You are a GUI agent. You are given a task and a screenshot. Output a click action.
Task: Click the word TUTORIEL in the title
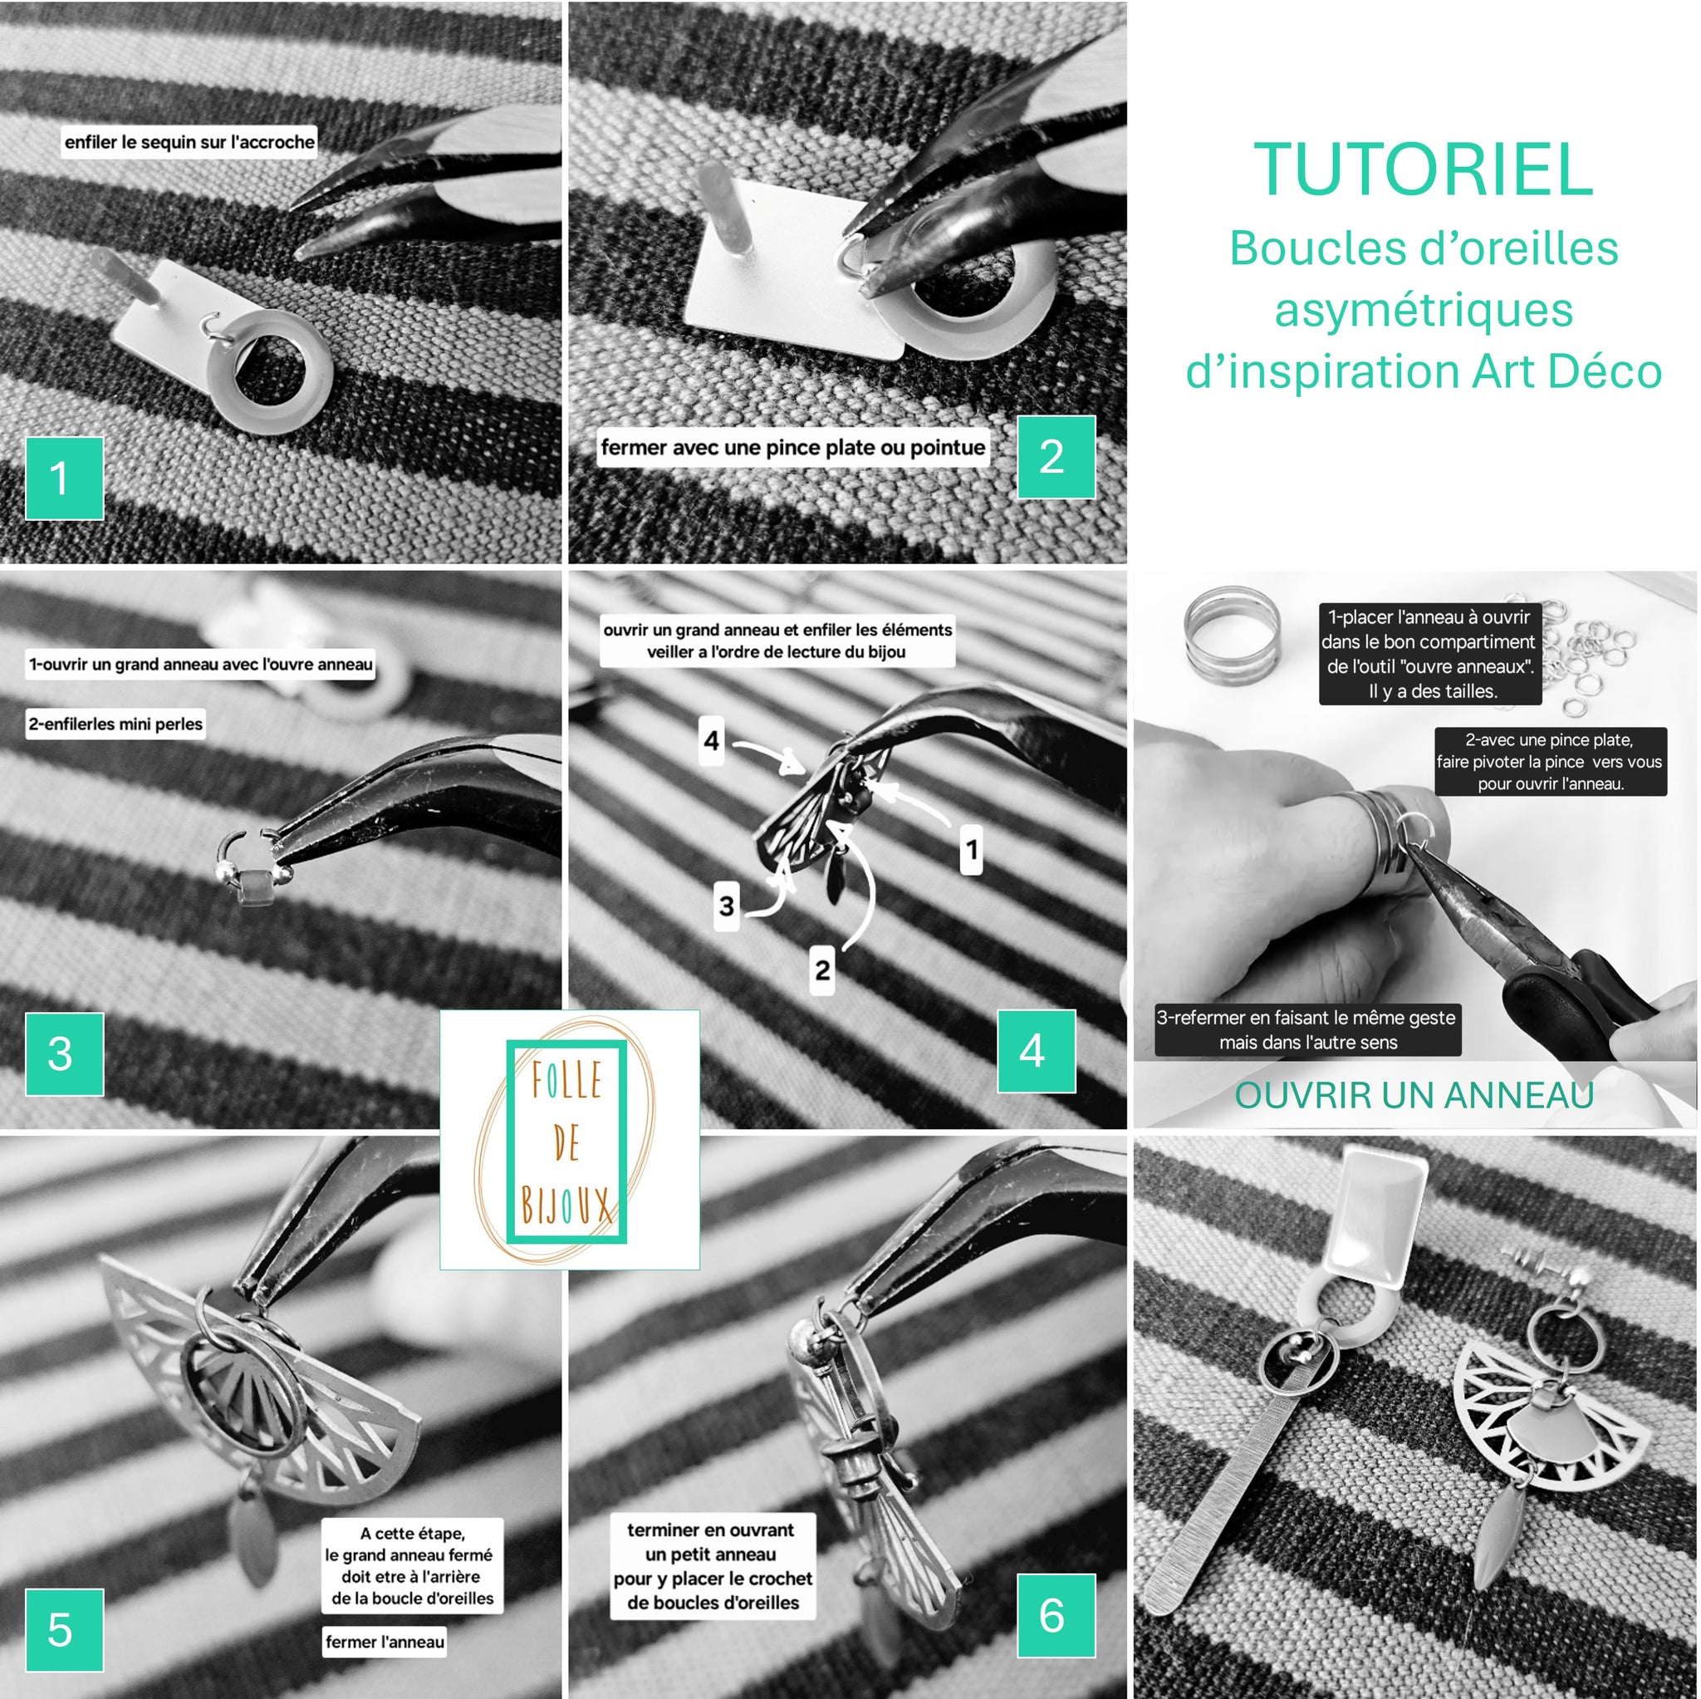click(x=1423, y=170)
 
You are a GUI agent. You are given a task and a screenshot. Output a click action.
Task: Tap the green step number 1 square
click(x=64, y=479)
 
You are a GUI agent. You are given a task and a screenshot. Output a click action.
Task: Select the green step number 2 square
click(x=1056, y=457)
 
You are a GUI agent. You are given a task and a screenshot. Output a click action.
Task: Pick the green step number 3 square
click(x=64, y=1054)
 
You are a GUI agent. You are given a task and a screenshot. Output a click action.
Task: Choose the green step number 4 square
click(x=1037, y=1051)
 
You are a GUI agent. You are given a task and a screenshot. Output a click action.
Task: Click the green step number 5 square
click(x=64, y=1629)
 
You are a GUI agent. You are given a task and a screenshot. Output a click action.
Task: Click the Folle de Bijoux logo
click(x=570, y=1140)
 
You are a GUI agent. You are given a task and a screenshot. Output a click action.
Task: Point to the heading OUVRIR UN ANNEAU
click(x=1414, y=1095)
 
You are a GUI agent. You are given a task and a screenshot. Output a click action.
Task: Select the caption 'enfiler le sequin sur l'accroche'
click(x=189, y=142)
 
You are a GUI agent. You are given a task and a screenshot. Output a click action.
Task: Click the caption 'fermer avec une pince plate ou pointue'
click(x=792, y=448)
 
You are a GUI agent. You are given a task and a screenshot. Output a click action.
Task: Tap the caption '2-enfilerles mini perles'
click(x=115, y=724)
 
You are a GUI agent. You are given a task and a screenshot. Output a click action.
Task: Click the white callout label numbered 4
click(x=712, y=741)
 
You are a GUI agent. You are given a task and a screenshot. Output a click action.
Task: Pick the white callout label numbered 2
click(x=822, y=970)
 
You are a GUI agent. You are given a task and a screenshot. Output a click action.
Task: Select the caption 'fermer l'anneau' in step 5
click(x=385, y=1642)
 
